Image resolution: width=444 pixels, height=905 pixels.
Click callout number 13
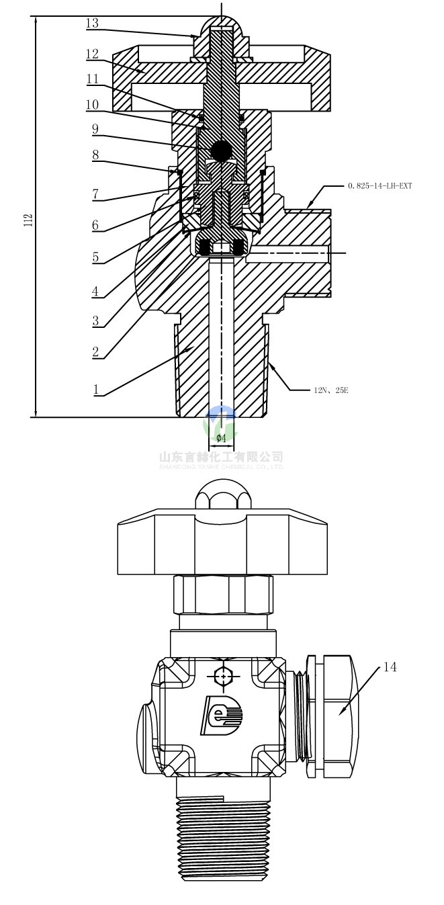[x=92, y=24]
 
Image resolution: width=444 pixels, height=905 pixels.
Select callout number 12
[x=92, y=52]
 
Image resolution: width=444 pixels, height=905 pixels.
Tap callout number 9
[x=95, y=127]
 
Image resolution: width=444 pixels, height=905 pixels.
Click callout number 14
[x=390, y=667]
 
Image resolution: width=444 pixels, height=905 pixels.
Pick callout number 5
[x=95, y=257]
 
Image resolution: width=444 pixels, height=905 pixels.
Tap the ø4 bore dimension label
[x=221, y=438]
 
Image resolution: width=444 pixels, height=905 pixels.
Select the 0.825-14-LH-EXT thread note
[x=380, y=185]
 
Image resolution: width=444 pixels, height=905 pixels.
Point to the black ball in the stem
[x=220, y=150]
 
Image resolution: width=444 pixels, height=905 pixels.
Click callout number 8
[x=95, y=155]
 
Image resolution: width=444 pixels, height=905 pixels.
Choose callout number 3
[x=95, y=320]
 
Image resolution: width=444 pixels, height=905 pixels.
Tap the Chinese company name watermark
[x=221, y=457]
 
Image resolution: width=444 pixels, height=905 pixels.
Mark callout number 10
[x=92, y=105]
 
